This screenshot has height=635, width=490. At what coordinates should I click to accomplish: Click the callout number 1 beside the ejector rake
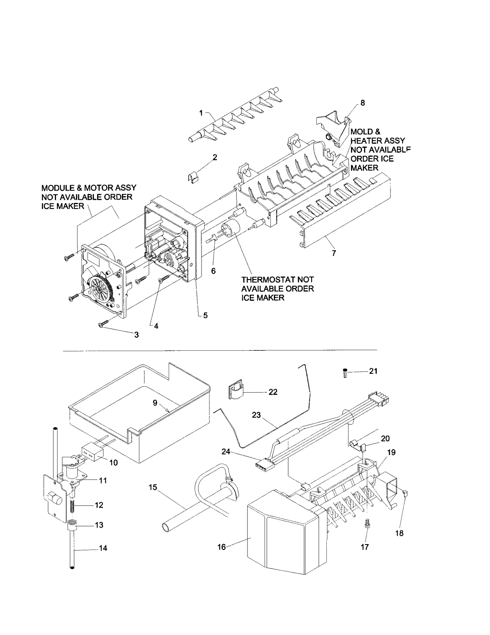[x=201, y=113]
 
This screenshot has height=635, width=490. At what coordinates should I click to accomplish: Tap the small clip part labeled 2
[x=193, y=178]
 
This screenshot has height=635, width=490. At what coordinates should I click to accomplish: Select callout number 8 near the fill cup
[x=363, y=103]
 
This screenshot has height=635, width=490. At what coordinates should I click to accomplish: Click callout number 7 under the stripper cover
[x=334, y=253]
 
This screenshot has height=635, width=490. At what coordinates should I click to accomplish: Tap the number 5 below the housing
[x=205, y=315]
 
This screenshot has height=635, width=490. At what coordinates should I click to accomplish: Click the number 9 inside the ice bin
[x=155, y=403]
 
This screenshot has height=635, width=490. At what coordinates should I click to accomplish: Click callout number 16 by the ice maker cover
[x=221, y=547]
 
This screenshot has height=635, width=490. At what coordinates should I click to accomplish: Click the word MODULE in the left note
[x=57, y=188]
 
